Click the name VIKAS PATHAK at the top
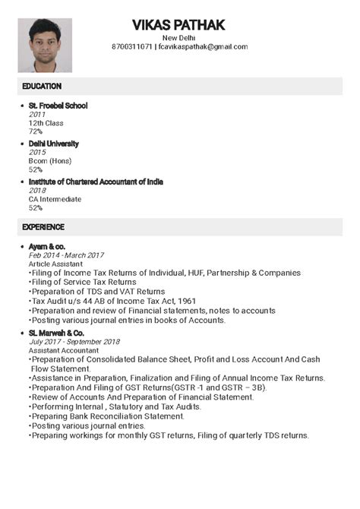click(178, 25)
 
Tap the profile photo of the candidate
click(45, 45)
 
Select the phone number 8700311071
click(131, 47)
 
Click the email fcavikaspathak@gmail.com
click(203, 47)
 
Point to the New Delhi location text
click(178, 37)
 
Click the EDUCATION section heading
click(42, 86)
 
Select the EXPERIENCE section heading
click(43, 227)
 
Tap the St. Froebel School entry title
click(58, 106)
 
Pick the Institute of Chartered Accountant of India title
click(96, 182)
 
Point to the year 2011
click(37, 114)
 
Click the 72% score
click(36, 131)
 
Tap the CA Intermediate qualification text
click(55, 199)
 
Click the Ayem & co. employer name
click(47, 247)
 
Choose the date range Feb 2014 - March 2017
click(66, 255)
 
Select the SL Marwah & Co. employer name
click(56, 333)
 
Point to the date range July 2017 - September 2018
click(74, 342)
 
